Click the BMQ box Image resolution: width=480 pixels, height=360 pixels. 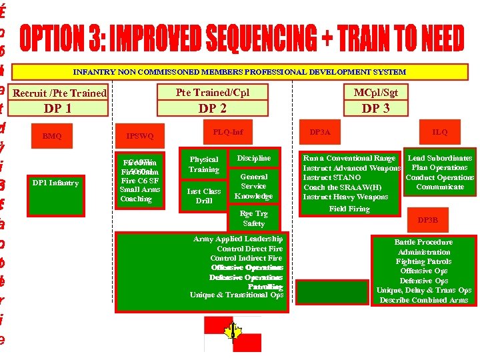pyautogui.click(x=52, y=136)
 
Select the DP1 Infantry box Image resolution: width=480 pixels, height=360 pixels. pyautogui.click(x=59, y=183)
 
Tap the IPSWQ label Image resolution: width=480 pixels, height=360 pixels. pyautogui.click(x=140, y=136)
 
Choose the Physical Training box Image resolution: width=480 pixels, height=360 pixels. pyautogui.click(x=204, y=164)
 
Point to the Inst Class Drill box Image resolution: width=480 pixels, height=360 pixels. pyautogui.click(x=204, y=195)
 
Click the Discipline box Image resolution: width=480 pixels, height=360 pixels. pyautogui.click(x=254, y=158)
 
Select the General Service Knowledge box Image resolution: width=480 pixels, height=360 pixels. pyautogui.click(x=254, y=187)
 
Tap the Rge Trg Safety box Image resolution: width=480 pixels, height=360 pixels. pyautogui.click(x=254, y=219)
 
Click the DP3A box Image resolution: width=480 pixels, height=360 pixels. pyautogui.click(x=320, y=132)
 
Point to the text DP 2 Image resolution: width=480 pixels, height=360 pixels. pyautogui.click(x=213, y=107)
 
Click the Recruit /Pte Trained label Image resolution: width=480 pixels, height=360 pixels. pyautogui.click(x=59, y=93)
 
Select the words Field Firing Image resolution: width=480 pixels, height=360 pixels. pyautogui.click(x=349, y=209)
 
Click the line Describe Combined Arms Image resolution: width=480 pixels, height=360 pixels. pyautogui.click(x=424, y=300)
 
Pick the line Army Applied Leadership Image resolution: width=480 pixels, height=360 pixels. pyautogui.click(x=238, y=239)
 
